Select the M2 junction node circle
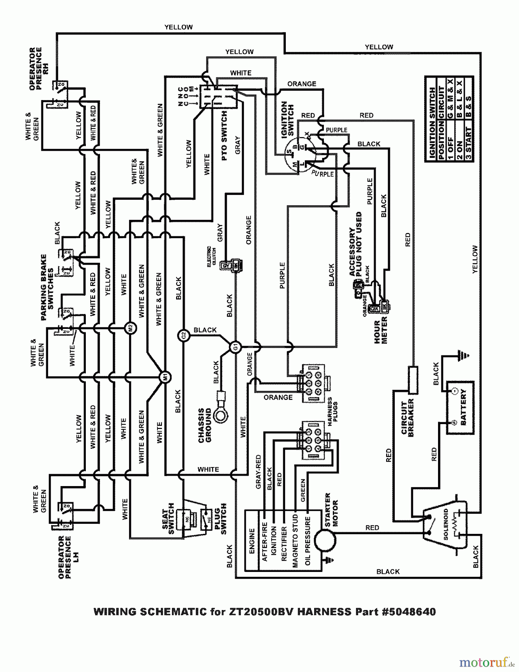131,328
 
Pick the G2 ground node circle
183,336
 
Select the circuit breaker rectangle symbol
413,380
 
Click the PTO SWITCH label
224,136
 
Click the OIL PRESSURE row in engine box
308,540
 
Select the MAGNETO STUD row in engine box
295,540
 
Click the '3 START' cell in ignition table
469,143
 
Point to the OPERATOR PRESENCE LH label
65,557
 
